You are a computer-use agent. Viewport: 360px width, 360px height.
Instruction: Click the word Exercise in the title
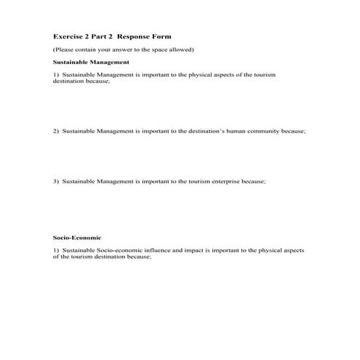[x=68, y=36]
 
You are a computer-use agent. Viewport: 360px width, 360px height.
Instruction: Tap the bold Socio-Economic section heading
[x=76, y=238]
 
